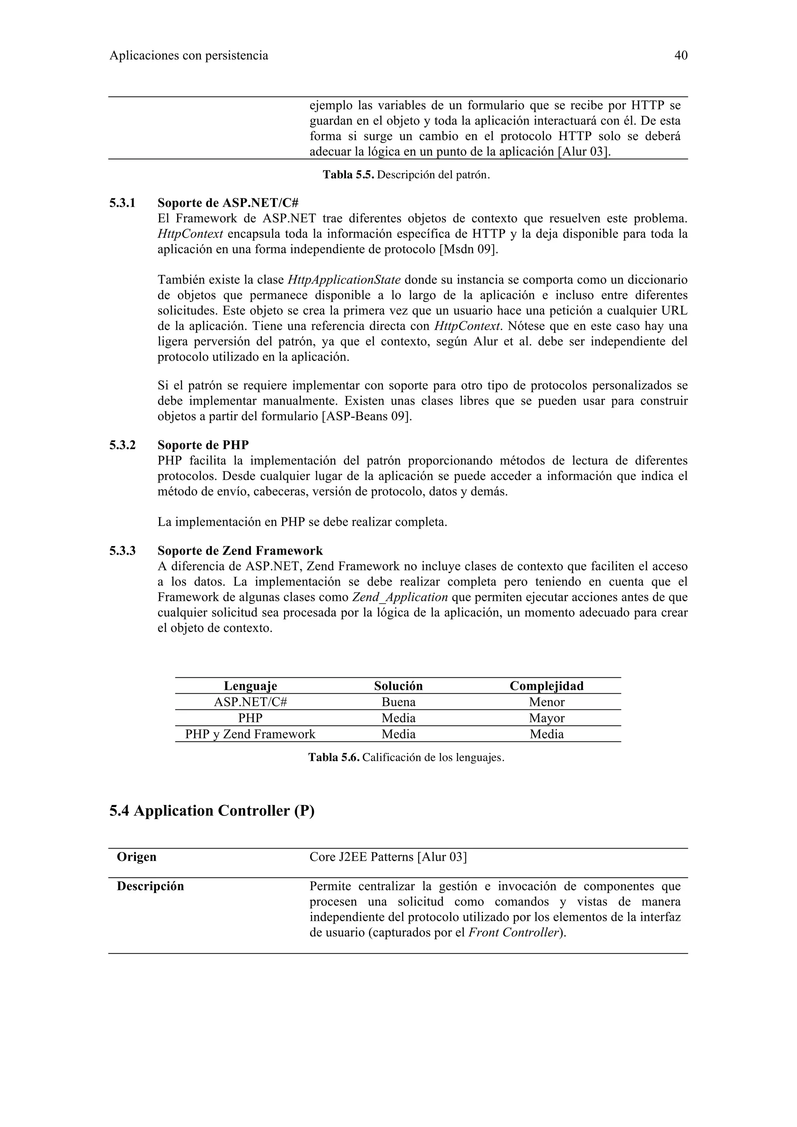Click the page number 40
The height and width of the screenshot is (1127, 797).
pos(681,56)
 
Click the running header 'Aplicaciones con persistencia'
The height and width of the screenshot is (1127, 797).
pos(189,56)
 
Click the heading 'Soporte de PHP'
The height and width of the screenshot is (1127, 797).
pos(203,445)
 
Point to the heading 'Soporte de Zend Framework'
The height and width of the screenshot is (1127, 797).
pos(240,551)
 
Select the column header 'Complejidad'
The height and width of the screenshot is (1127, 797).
pos(546,686)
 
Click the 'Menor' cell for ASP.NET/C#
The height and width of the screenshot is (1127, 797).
pos(546,702)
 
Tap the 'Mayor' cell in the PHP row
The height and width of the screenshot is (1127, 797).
pos(546,718)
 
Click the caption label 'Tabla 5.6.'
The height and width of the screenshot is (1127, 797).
pos(334,758)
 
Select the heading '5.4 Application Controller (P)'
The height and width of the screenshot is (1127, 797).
pos(212,810)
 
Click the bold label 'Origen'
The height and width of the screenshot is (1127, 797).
pos(137,857)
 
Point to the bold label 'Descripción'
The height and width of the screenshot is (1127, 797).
pos(150,886)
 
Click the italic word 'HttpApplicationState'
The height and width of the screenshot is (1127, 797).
pos(344,280)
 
